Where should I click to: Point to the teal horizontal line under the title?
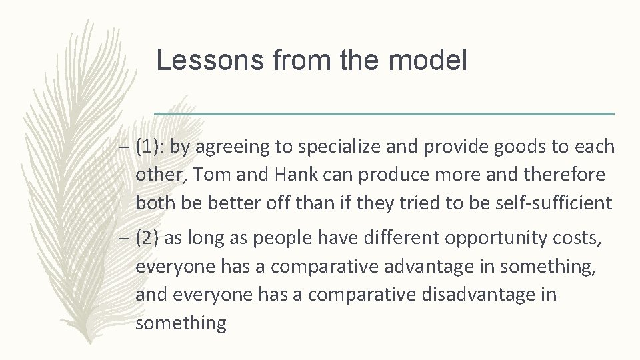coord(384,114)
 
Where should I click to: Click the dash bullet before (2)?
coord(124,239)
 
